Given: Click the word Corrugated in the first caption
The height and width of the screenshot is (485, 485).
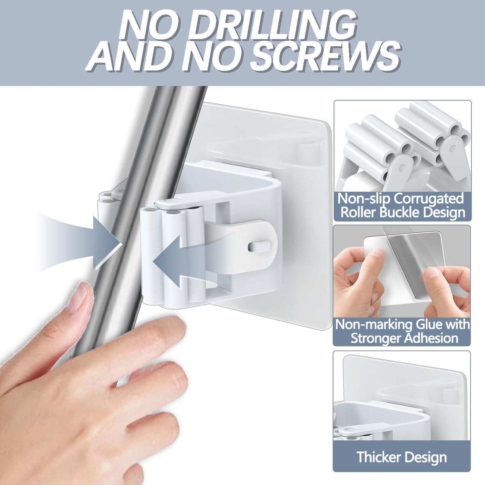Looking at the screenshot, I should pos(429,199).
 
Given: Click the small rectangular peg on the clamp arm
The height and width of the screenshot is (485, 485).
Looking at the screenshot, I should pos(258,246).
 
